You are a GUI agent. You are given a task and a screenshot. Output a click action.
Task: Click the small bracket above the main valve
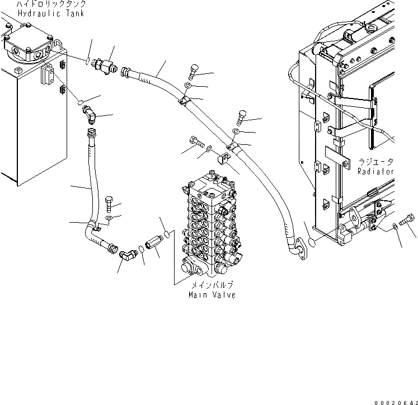tap(221, 159)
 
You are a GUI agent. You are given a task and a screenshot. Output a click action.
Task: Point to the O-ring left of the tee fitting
tap(88, 60)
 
